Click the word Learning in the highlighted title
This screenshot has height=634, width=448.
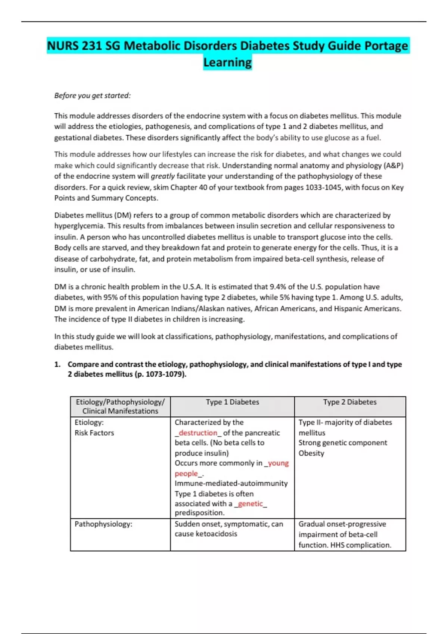click(x=227, y=62)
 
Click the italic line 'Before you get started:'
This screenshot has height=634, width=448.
click(x=92, y=95)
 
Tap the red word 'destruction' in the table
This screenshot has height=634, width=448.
click(x=198, y=433)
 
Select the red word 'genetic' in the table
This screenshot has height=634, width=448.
click(x=250, y=503)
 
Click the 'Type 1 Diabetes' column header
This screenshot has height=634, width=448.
click(x=232, y=402)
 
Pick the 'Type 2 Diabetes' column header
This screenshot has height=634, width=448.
click(x=350, y=402)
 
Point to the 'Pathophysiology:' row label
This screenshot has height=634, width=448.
click(x=103, y=524)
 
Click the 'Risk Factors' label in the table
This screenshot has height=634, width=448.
click(x=94, y=433)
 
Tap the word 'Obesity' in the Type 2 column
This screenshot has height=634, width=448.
click(x=311, y=453)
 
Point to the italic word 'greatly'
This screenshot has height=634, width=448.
click(x=162, y=176)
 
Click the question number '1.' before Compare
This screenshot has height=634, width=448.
click(x=57, y=364)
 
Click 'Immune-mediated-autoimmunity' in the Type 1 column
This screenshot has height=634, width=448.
click(x=231, y=483)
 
